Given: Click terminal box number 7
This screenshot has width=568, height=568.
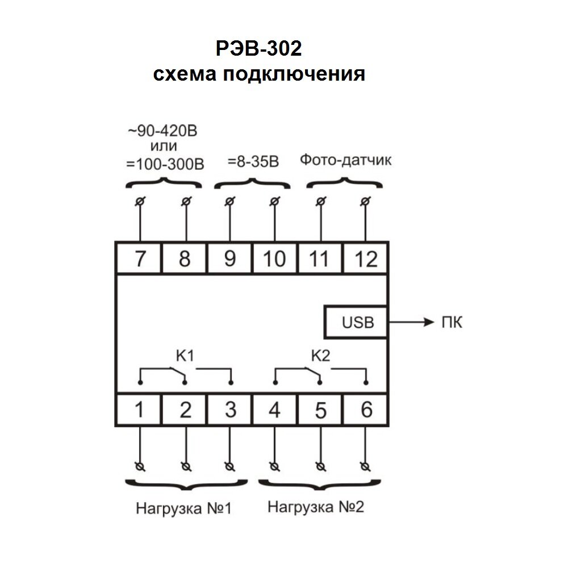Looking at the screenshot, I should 139,258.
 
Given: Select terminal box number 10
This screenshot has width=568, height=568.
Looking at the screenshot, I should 275,258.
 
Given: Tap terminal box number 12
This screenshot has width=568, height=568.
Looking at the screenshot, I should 366,258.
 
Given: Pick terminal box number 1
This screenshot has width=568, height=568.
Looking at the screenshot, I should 139,410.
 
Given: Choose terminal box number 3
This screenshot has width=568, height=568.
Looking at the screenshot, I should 230,410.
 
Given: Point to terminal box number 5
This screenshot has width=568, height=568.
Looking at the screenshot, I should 321,410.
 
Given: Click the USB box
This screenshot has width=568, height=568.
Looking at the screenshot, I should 358,323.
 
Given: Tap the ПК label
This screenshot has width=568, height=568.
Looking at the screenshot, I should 452,323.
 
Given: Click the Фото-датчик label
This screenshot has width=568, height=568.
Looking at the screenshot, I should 346,161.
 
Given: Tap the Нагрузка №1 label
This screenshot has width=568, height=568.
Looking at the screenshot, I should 183,507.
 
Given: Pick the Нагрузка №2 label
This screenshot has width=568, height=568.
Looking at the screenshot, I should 316,506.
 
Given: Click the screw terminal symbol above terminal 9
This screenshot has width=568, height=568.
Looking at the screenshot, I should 230,201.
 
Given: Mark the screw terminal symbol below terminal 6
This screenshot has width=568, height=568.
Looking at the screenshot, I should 366,466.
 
